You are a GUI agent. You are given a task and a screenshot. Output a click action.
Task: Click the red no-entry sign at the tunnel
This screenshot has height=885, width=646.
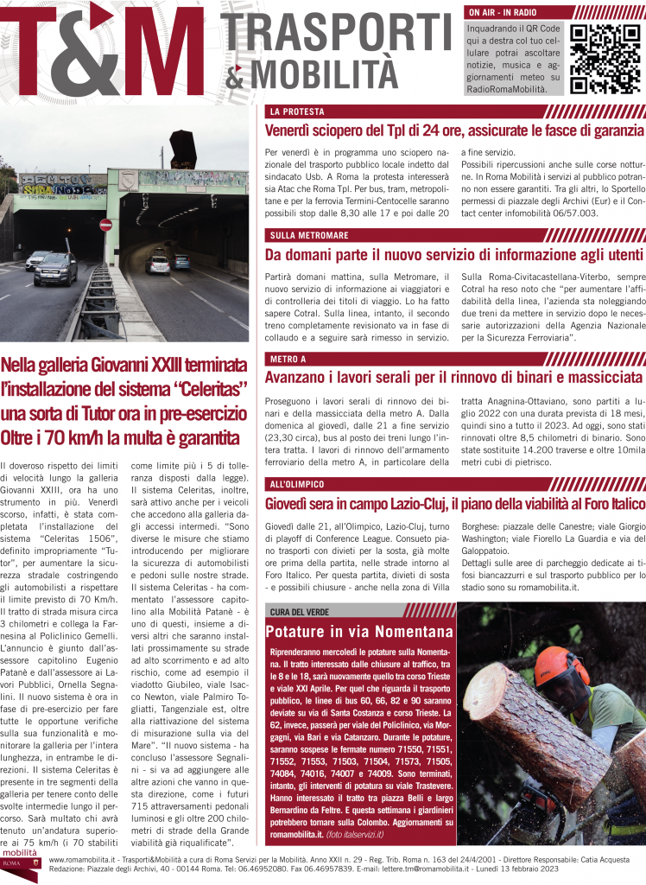coord(105,225)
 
